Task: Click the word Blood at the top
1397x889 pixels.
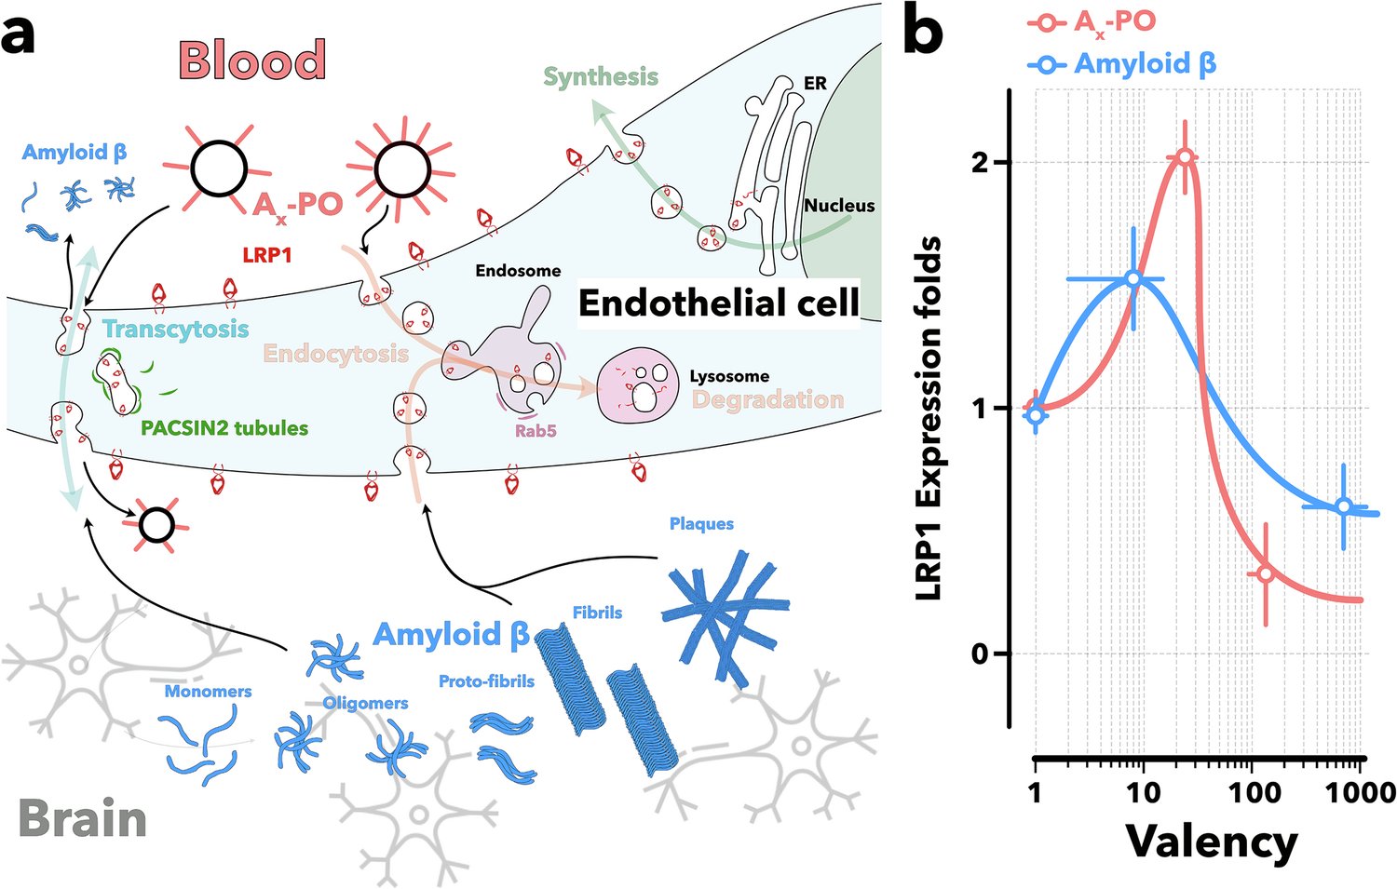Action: pyautogui.click(x=251, y=60)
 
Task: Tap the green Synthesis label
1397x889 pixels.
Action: pyautogui.click(x=601, y=76)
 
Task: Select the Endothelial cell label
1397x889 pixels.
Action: pyautogui.click(x=718, y=303)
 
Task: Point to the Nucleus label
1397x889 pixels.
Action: pyautogui.click(x=839, y=206)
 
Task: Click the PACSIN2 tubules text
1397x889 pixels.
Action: pyautogui.click(x=224, y=428)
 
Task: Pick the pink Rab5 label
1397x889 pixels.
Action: pyautogui.click(x=536, y=431)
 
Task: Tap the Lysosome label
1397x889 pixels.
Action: pyautogui.click(x=729, y=376)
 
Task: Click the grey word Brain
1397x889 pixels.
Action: pyautogui.click(x=82, y=819)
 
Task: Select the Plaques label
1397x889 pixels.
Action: pyautogui.click(x=701, y=524)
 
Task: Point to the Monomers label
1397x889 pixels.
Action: pyautogui.click(x=208, y=691)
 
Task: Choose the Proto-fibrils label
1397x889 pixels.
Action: pyautogui.click(x=486, y=681)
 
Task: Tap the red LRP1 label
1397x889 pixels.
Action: pyautogui.click(x=267, y=253)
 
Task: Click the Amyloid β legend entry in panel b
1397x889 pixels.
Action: pyautogui.click(x=1145, y=64)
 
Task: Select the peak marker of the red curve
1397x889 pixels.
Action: pyautogui.click(x=1185, y=157)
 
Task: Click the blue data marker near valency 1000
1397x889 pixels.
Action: pyautogui.click(x=1343, y=506)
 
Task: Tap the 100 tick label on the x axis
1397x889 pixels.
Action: pyautogui.click(x=1255, y=792)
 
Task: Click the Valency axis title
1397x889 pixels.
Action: pyautogui.click(x=1211, y=842)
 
